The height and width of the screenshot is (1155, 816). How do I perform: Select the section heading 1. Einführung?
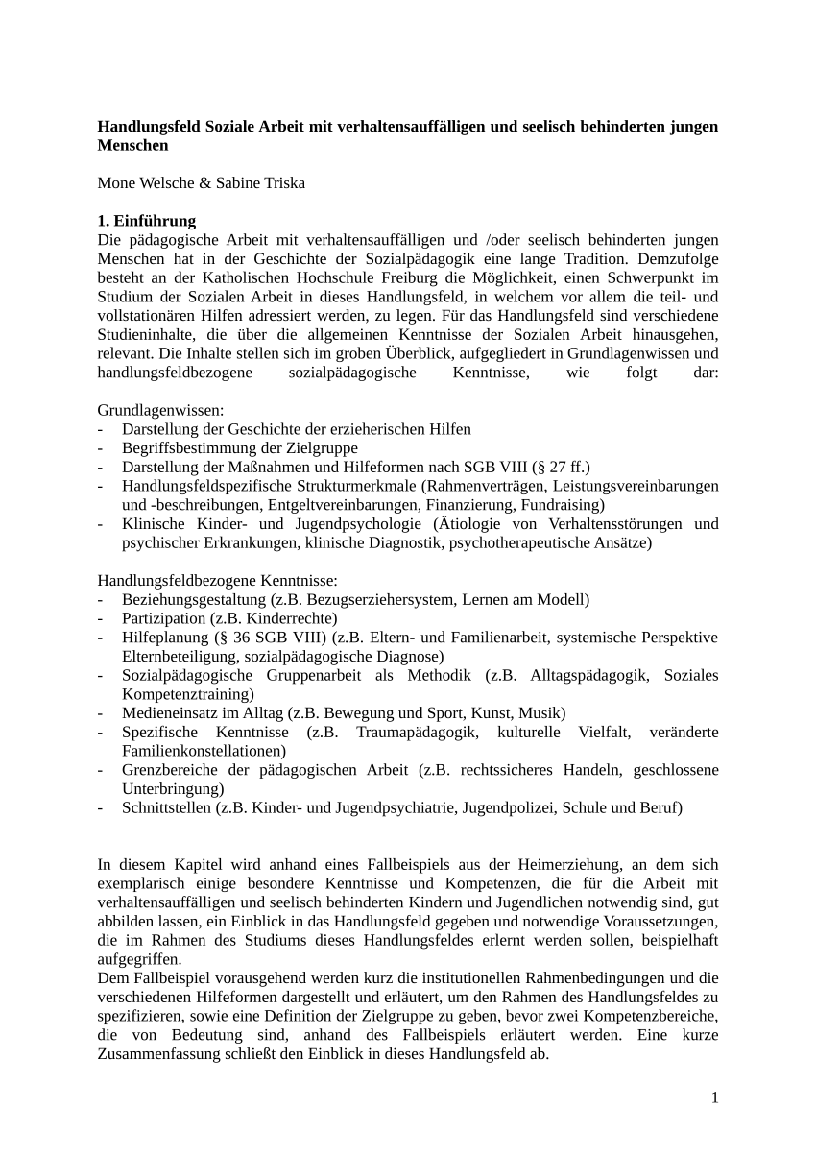click(146, 221)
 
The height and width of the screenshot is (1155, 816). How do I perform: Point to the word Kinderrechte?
click(292, 618)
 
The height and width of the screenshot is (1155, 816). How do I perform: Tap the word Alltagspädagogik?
click(587, 675)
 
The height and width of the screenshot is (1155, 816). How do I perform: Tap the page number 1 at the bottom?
click(714, 1097)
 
